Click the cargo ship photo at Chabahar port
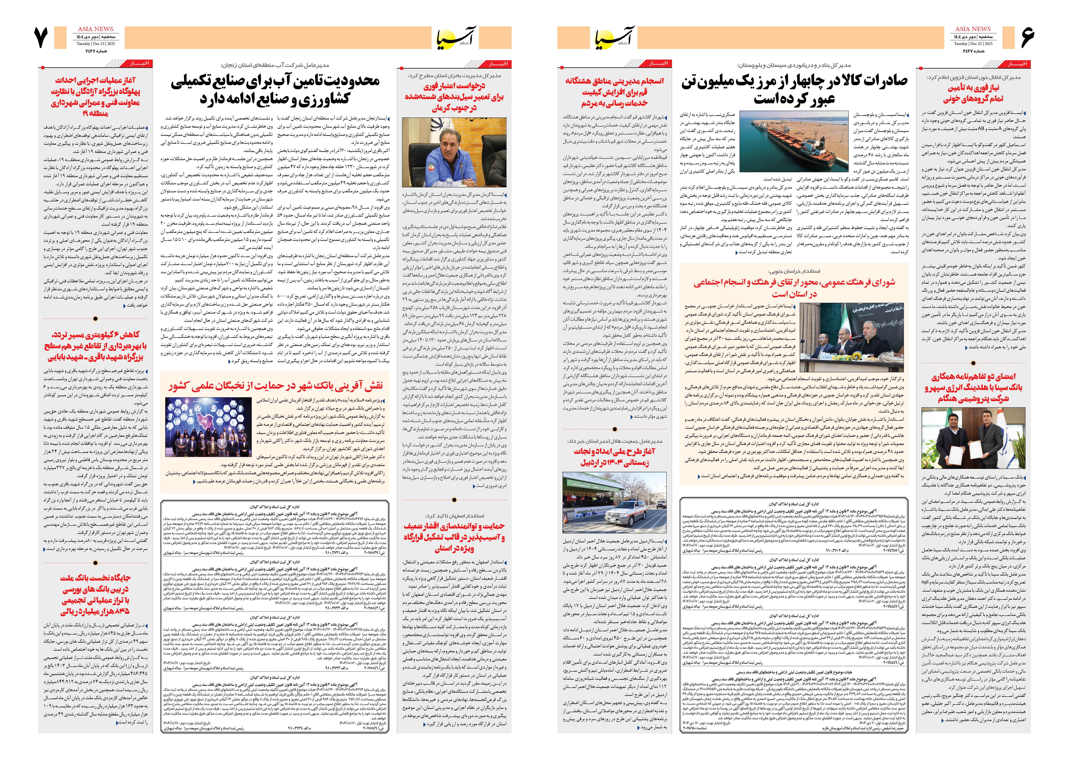pyautogui.click(x=790, y=142)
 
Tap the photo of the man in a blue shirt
pyautogui.click(x=454, y=153)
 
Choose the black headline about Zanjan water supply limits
pyautogui.click(x=275, y=89)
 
